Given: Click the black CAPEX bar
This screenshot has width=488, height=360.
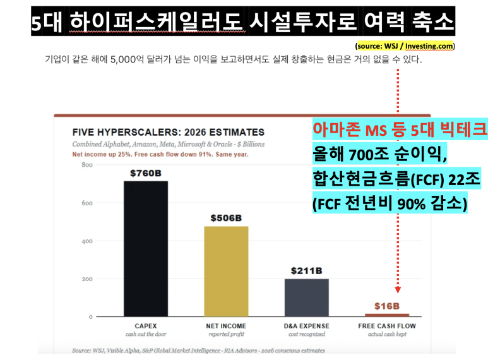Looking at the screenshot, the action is [x=146, y=249].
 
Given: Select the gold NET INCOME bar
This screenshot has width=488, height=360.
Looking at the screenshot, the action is [x=226, y=272].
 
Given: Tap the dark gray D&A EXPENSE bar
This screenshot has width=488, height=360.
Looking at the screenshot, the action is [x=307, y=297].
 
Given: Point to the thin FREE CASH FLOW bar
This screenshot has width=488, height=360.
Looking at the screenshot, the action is [x=387, y=315].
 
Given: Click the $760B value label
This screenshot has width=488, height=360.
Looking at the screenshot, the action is [x=146, y=173].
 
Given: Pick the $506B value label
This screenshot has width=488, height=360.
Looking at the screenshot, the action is [x=226, y=218].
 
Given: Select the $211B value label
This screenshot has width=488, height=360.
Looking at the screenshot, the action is [x=307, y=271].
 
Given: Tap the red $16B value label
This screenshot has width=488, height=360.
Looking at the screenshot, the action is [x=387, y=306].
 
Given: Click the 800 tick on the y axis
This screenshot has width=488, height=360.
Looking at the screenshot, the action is [x=87, y=165].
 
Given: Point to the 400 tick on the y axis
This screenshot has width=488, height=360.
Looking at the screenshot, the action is [x=87, y=241].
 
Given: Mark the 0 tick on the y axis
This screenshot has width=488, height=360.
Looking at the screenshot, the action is [x=90, y=317].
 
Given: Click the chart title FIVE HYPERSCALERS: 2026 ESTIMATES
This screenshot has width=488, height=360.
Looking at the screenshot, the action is [x=169, y=133].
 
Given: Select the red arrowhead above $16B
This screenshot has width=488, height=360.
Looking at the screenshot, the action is [x=398, y=290].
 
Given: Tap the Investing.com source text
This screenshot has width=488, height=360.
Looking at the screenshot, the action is [x=429, y=46].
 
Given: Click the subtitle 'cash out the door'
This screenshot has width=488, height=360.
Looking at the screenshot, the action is [x=146, y=334].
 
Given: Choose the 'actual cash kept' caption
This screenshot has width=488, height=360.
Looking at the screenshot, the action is [x=387, y=334].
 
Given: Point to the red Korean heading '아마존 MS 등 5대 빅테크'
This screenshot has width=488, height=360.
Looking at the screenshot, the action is [x=400, y=129].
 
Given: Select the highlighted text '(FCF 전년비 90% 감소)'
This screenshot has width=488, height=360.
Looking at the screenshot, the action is [x=390, y=203].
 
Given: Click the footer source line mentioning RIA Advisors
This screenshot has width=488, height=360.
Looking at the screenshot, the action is [x=199, y=351].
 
